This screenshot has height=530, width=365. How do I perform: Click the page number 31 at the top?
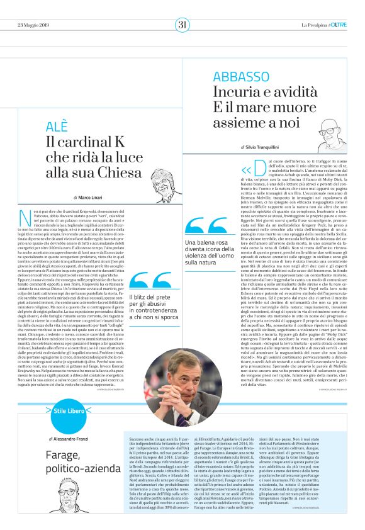[x=182, y=25]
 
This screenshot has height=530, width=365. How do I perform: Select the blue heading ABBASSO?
[x=239, y=77]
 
